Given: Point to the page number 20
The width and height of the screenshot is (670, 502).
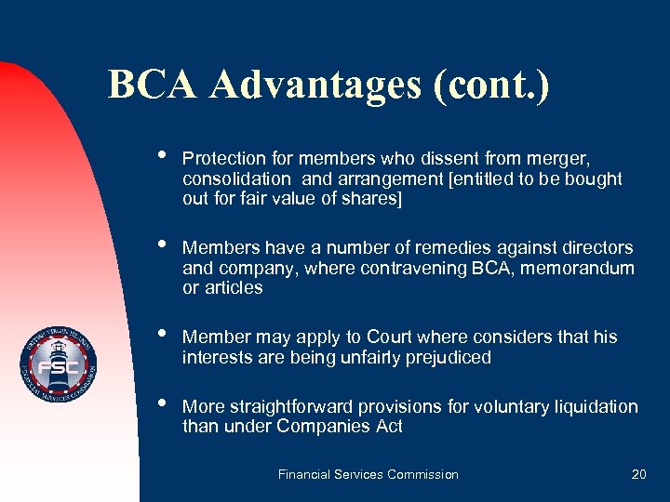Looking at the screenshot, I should (638, 474).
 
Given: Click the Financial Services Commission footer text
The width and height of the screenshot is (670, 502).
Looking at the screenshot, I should (368, 474).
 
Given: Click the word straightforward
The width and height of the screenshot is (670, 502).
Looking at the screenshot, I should (291, 406).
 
